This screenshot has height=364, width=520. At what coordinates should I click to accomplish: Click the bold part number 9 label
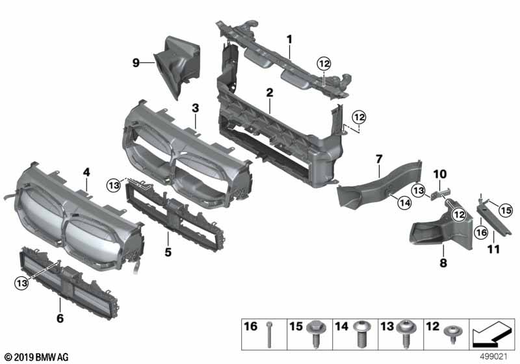tap(136, 62)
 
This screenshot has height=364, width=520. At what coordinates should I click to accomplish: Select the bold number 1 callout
tap(289, 40)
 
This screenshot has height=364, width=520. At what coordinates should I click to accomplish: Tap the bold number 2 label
tap(270, 93)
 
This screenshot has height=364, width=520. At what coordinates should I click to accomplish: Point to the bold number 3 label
tap(196, 108)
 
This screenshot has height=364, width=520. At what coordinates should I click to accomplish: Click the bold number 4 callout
tap(86, 172)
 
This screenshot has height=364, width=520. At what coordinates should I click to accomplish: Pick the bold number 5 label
tap(168, 252)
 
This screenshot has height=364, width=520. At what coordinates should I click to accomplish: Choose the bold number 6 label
tap(60, 318)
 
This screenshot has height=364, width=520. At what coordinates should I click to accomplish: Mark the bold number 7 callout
tap(379, 159)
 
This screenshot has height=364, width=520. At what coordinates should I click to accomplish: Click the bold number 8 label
tap(443, 263)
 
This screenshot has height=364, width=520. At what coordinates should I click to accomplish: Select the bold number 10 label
tap(440, 174)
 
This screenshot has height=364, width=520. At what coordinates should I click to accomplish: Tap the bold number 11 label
tap(493, 249)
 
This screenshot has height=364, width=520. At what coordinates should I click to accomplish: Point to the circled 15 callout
tap(506, 211)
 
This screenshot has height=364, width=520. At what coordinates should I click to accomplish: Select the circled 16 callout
tap(481, 233)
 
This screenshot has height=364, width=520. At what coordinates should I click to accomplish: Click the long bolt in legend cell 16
tap(269, 335)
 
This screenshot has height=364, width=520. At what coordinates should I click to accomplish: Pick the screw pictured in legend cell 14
tap(360, 334)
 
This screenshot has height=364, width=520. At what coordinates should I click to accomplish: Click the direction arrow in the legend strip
tap(492, 334)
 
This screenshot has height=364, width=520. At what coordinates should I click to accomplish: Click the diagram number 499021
tap(494, 357)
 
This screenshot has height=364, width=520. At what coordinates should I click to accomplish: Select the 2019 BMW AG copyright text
tap(37, 357)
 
